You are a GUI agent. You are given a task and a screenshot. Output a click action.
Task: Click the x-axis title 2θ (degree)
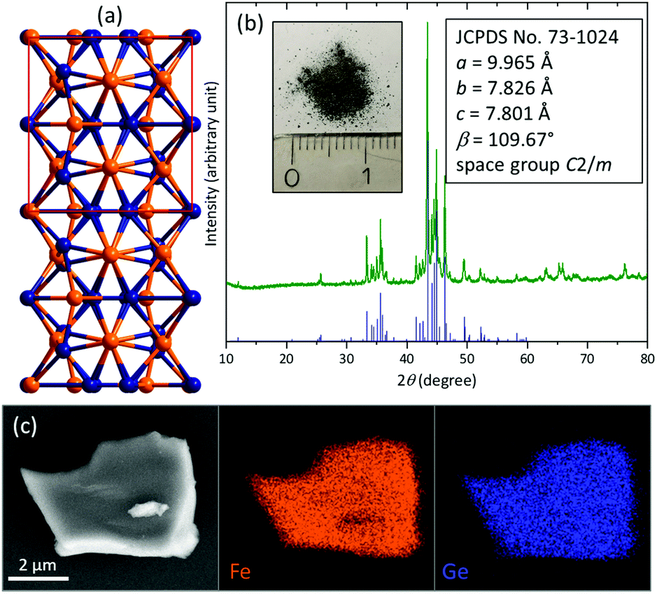tap(436, 381)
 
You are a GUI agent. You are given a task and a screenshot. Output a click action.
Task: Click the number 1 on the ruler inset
tap(368, 176)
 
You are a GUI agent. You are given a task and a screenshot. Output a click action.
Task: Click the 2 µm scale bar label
tap(38, 564)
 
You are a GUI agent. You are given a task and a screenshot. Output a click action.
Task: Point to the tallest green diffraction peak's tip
tap(427, 23)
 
